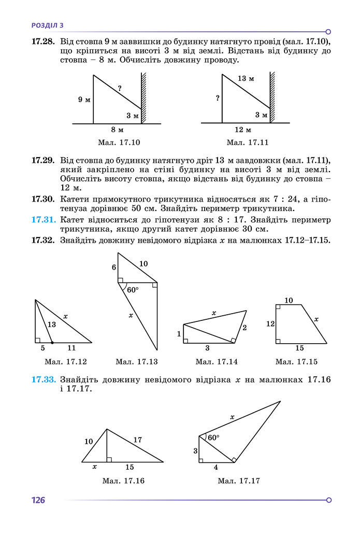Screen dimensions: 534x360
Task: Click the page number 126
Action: point(38,500)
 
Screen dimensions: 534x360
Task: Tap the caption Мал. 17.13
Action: point(137,361)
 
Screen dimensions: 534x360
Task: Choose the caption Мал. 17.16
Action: point(123,481)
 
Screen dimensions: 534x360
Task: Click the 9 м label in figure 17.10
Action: point(84,99)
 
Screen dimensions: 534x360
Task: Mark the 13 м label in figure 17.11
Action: point(246,78)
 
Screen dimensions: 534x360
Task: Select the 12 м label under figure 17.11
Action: point(242,130)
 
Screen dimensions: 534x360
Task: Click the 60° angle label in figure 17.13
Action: point(133,289)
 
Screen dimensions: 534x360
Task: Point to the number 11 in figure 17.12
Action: point(71,348)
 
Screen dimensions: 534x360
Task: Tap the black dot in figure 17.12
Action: point(52,343)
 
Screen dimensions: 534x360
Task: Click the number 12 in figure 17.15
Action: point(270,324)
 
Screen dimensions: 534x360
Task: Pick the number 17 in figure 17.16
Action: point(137,440)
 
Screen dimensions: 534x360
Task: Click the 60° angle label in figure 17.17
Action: point(213,438)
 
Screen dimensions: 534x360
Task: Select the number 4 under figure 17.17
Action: point(216,467)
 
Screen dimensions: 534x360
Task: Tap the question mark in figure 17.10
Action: point(120,89)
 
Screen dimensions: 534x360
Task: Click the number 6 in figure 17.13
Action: point(114,267)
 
